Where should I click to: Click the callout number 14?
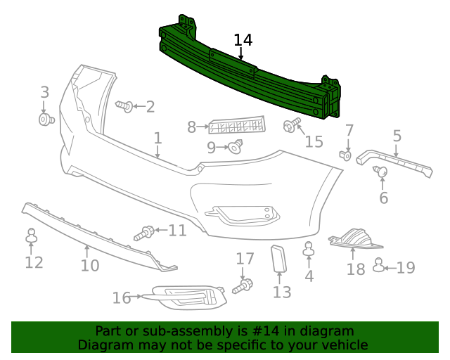[243, 40]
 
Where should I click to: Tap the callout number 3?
[44, 92]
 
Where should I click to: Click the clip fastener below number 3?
[46, 120]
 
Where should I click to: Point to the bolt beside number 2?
[124, 106]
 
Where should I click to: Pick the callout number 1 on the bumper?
[157, 139]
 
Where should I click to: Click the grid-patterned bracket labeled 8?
[237, 126]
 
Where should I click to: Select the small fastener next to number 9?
[235, 146]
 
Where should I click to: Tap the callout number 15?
[314, 141]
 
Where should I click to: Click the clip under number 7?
[345, 155]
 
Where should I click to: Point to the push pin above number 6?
[381, 171]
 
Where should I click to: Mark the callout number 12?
[34, 262]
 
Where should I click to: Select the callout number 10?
[89, 266]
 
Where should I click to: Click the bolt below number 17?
[245, 285]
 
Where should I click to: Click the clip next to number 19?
[379, 265]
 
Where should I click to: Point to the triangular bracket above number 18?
[357, 239]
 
